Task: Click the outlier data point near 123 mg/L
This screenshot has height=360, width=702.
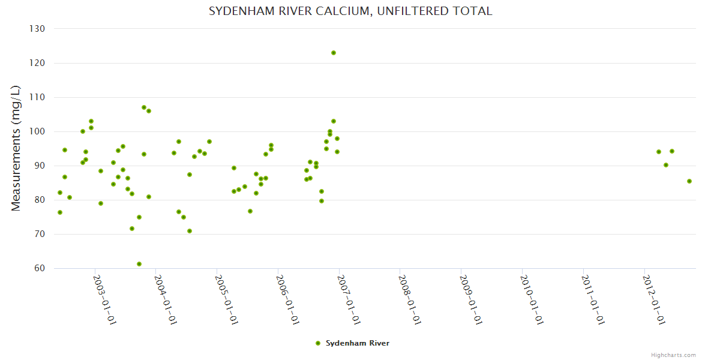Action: click(334, 53)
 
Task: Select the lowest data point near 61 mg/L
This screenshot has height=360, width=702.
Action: click(139, 264)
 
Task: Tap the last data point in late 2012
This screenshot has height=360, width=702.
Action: click(689, 181)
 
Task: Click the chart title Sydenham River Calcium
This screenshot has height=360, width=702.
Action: click(350, 11)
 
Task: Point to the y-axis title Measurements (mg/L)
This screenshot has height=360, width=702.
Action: click(16, 148)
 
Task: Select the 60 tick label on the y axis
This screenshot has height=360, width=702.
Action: click(40, 268)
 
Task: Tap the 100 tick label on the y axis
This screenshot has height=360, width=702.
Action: click(37, 131)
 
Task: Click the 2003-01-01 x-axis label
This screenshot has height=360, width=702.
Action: click(105, 299)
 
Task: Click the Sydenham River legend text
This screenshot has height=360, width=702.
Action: click(358, 343)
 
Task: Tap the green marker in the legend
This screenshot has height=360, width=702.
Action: click(318, 343)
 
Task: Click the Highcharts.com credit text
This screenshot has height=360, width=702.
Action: click(674, 355)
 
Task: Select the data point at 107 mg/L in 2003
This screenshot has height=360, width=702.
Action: click(144, 107)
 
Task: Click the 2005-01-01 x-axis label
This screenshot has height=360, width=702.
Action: click(227, 299)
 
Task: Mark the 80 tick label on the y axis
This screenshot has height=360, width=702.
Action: click(40, 200)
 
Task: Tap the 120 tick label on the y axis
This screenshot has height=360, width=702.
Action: click(37, 63)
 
